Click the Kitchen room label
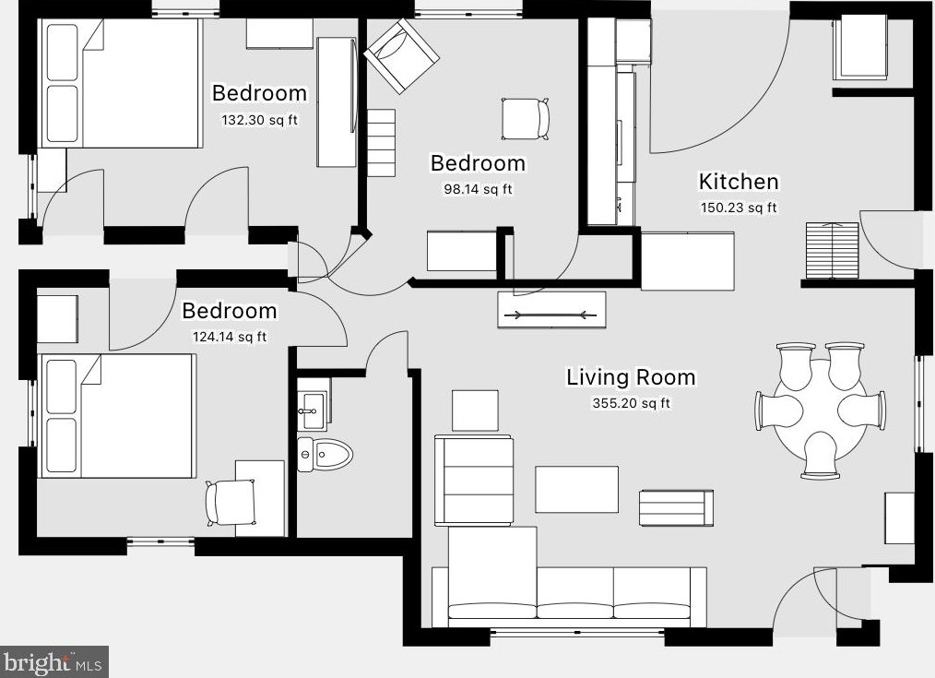tap(739, 182)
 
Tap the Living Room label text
tap(631, 377)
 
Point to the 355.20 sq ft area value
tap(631, 403)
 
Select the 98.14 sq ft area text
tap(478, 189)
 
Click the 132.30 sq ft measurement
tap(259, 120)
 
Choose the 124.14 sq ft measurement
tap(230, 337)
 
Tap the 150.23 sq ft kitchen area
tap(739, 208)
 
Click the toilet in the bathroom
tap(325, 455)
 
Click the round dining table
tap(820, 410)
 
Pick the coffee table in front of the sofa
tap(576, 489)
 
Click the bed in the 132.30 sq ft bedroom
tap(119, 83)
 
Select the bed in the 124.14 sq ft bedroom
tap(117, 416)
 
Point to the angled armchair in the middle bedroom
tap(402, 55)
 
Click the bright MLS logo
tap(54, 662)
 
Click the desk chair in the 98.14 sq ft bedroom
tap(526, 119)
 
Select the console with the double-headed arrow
tap(551, 310)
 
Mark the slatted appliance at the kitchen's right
tap(833, 251)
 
